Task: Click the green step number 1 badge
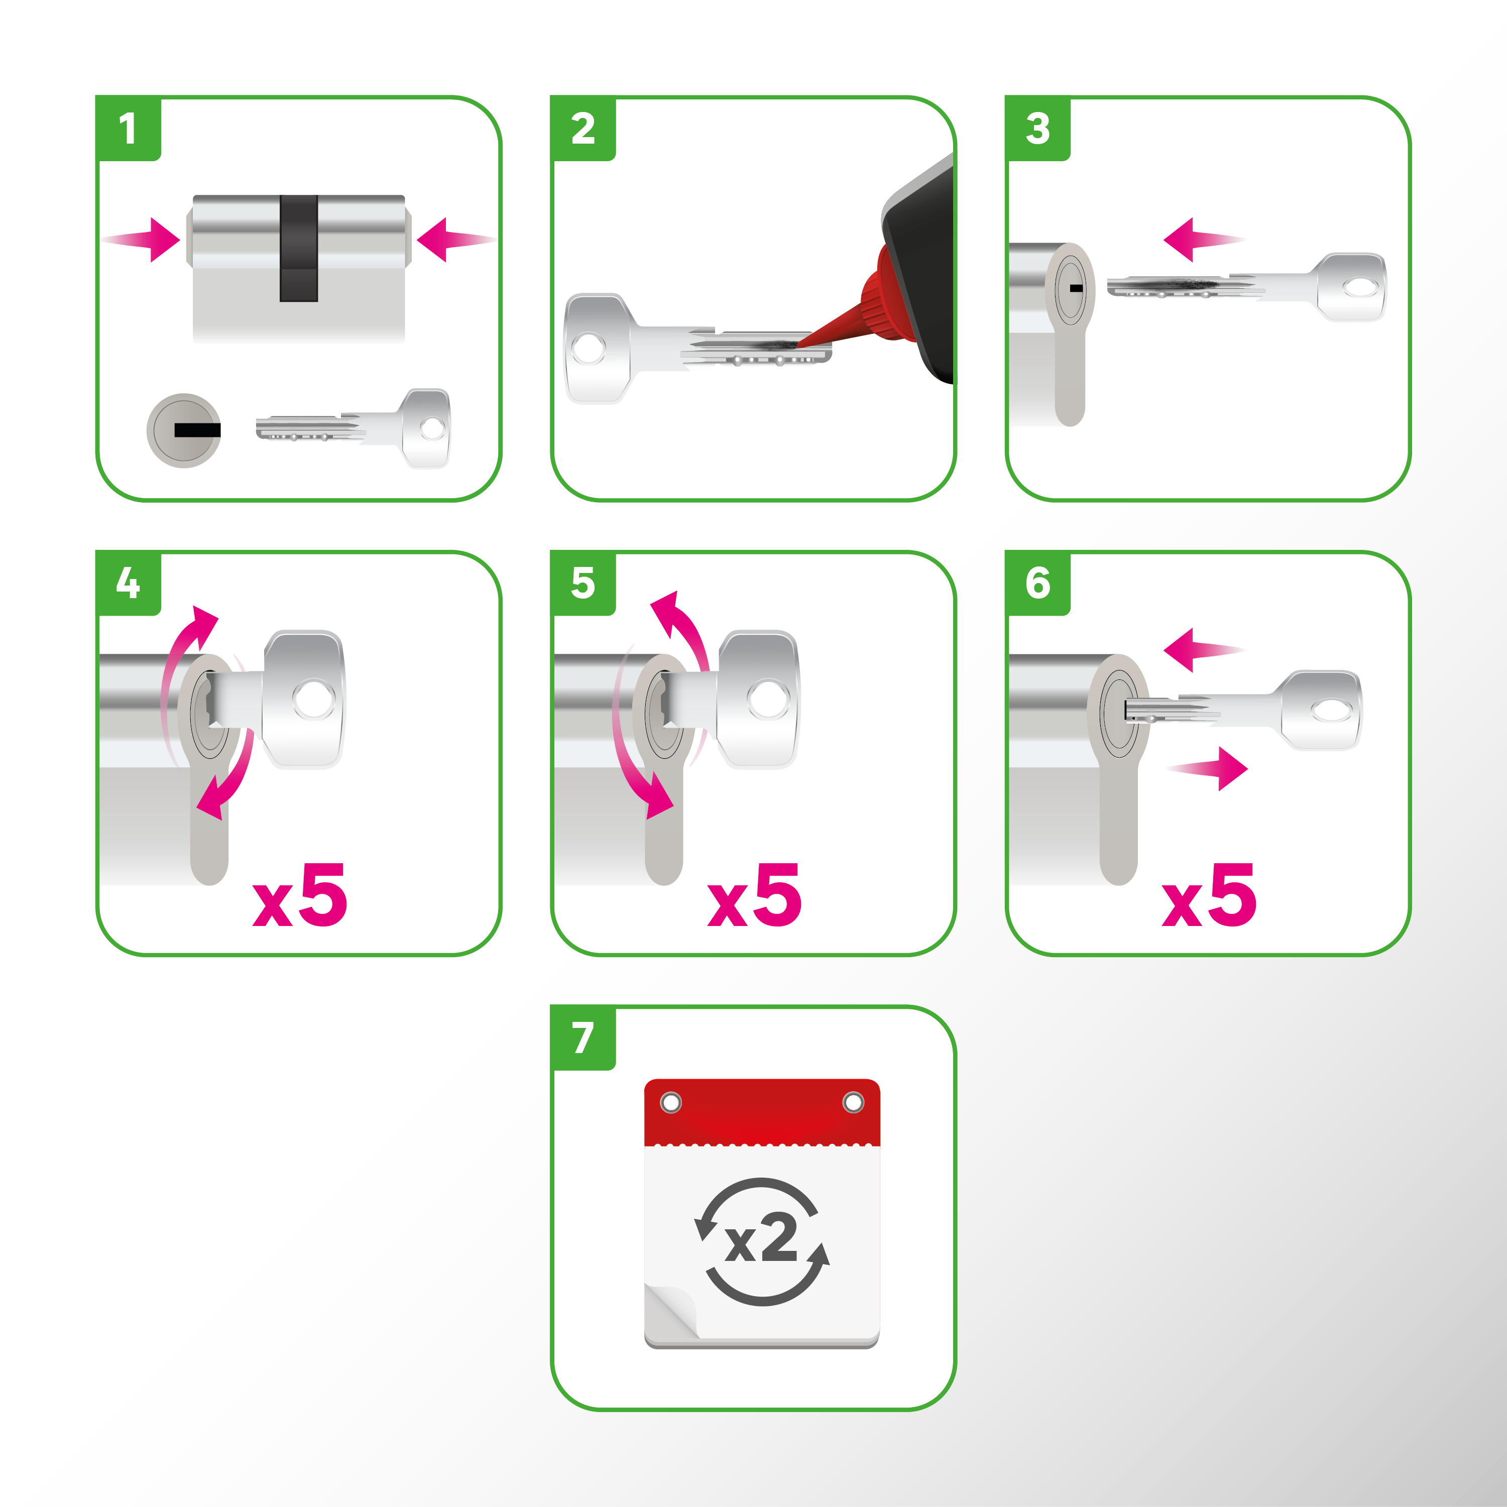point(128,129)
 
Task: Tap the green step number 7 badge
point(583,1038)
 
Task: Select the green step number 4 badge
point(128,584)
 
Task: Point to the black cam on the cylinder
point(299,248)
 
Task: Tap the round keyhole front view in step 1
point(184,430)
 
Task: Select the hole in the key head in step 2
point(588,349)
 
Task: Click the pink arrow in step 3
point(1197,240)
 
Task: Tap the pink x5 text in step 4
point(300,896)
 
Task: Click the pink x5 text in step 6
point(1209,896)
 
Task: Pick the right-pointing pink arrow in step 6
point(1213,769)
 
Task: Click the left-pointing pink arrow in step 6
point(1197,649)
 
